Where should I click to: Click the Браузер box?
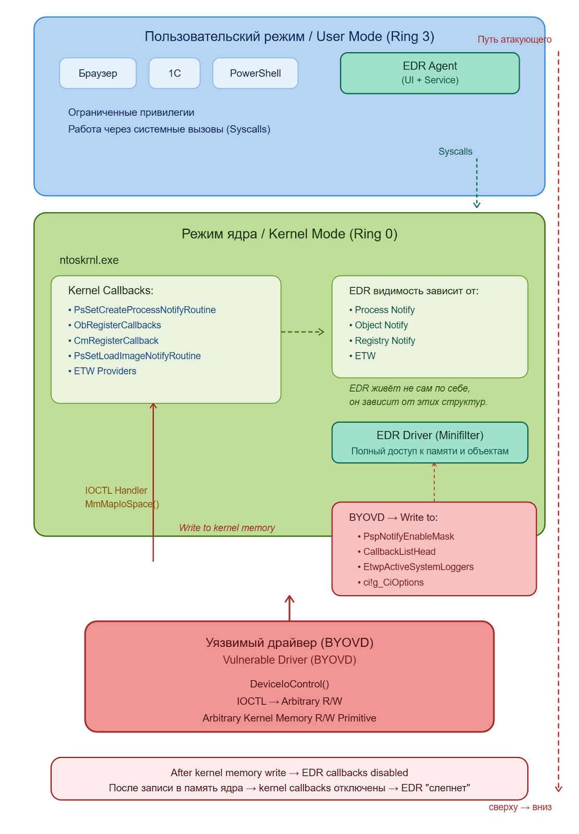[98, 73]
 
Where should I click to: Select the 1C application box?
[174, 73]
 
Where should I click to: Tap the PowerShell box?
[255, 73]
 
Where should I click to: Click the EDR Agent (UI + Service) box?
[430, 73]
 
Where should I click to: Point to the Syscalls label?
[455, 152]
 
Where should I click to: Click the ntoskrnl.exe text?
[89, 260]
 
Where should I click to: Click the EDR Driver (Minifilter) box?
[430, 443]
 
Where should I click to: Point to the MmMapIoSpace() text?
[122, 504]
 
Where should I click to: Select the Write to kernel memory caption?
[227, 528]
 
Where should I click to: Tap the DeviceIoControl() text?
[289, 684]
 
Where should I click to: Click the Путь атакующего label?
[514, 40]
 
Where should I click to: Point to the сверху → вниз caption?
[520, 807]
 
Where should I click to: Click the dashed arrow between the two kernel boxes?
[303, 332]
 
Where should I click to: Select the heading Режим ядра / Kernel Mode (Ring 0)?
[289, 234]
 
